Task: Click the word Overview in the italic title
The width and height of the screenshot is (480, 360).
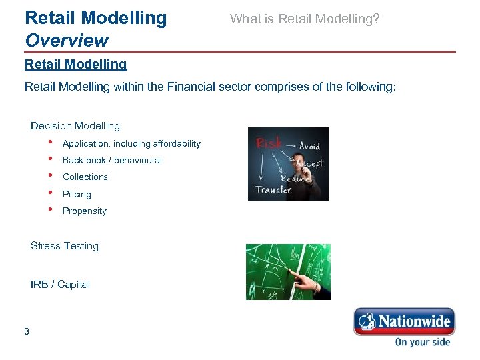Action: [66, 40]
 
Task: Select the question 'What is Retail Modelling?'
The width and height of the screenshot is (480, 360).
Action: [305, 19]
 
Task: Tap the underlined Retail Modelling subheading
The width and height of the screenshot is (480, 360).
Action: [75, 65]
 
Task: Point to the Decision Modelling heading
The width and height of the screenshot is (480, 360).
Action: [75, 126]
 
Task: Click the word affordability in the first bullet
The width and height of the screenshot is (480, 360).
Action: [176, 144]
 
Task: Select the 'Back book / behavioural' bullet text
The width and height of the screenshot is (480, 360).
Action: [112, 161]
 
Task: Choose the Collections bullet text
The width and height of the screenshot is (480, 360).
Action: [85, 177]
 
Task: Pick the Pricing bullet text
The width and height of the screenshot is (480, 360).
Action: [77, 195]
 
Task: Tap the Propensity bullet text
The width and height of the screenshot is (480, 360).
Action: [84, 211]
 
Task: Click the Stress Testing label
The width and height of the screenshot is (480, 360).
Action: [65, 246]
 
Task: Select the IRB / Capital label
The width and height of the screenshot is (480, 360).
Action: [60, 285]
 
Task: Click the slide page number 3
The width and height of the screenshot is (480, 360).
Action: [27, 331]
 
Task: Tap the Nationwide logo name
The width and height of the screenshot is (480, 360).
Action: [414, 322]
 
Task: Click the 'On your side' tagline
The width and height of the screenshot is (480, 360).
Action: [422, 342]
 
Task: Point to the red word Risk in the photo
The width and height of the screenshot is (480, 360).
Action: [269, 144]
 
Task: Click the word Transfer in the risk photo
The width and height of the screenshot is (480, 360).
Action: [273, 190]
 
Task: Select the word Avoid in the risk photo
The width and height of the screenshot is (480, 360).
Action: [309, 146]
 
